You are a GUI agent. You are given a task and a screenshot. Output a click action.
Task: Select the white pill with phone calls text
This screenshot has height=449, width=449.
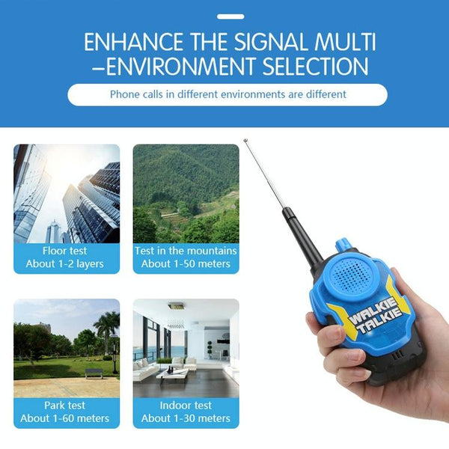tap(227, 94)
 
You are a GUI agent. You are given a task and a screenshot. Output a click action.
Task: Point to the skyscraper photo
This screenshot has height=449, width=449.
tap(67, 193)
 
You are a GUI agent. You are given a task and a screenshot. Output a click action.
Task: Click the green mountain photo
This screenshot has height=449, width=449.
tap(186, 193)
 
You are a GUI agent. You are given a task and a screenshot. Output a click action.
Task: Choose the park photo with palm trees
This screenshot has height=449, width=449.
tap(67, 348)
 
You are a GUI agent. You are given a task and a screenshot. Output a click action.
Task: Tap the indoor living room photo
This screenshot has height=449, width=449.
tap(186, 348)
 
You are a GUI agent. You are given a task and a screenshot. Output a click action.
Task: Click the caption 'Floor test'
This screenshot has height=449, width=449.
tap(65, 251)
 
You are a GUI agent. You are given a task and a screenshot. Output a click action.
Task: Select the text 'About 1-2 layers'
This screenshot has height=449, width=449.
tap(65, 263)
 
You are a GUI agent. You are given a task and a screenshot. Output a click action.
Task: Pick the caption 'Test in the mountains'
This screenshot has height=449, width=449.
tap(186, 251)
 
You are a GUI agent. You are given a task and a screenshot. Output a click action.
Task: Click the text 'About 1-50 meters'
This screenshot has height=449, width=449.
tap(186, 263)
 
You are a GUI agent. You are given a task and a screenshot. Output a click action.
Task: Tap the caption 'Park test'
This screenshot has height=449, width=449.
tap(65, 406)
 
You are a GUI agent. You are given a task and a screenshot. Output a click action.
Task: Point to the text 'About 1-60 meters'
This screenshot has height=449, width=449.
tap(65, 418)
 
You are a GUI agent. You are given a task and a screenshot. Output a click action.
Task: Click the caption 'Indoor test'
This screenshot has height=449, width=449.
tap(186, 406)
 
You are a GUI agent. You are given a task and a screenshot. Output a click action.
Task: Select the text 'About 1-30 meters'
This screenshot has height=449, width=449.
tap(186, 418)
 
